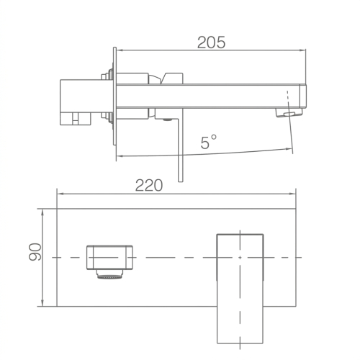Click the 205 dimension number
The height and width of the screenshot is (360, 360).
tap(211, 42)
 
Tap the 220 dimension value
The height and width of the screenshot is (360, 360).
tap(149, 185)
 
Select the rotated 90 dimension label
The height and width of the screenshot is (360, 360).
tap(35, 252)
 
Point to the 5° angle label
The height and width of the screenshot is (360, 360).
tap(208, 142)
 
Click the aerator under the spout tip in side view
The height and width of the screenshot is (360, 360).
tap(289, 112)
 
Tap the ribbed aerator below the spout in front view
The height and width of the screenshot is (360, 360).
tap(109, 274)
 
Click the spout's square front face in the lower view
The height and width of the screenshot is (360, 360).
tap(109, 257)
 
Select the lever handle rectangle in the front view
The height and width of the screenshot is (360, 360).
tap(240, 289)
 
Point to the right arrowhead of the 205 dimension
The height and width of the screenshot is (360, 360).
tap(303, 50)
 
